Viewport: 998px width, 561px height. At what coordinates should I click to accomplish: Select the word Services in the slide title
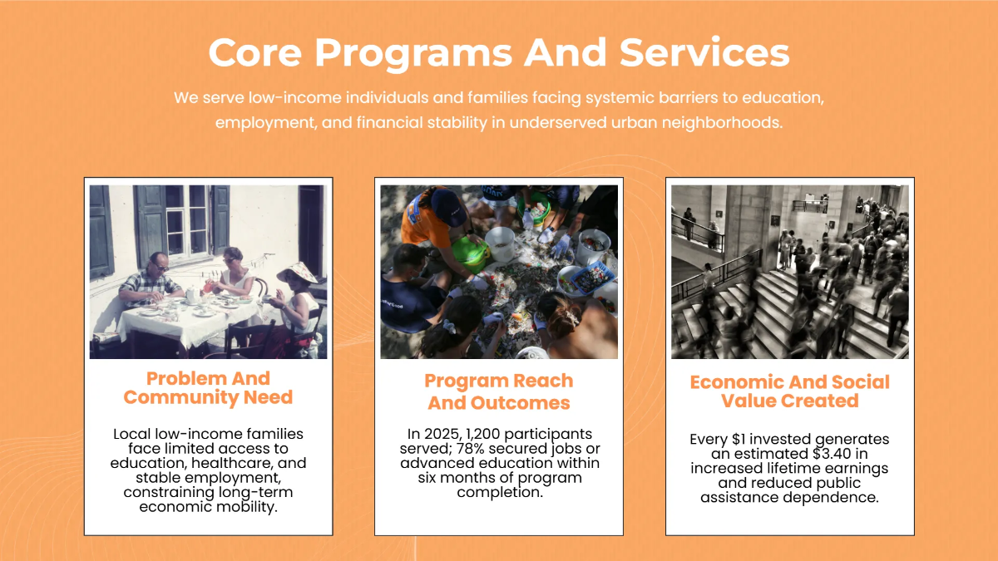pos(704,53)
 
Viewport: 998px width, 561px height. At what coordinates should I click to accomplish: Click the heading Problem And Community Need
pos(208,388)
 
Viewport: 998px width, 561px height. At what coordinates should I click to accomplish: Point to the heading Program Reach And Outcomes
pos(499,392)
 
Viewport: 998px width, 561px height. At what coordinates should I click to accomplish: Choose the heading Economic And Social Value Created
pos(789,391)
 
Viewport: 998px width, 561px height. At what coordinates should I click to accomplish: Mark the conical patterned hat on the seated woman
pos(298,272)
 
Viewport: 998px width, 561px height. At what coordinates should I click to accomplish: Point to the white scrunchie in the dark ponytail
pos(450,327)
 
